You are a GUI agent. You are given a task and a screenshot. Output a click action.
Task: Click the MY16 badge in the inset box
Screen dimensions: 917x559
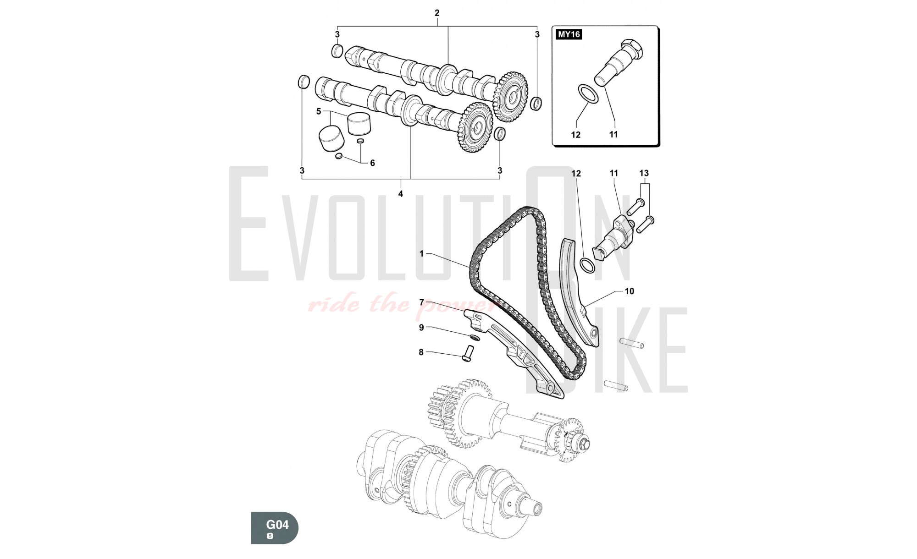coord(569,34)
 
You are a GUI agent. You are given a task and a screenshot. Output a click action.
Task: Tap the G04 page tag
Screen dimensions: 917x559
coord(277,524)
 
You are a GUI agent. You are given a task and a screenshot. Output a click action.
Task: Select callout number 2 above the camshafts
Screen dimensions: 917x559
coord(437,13)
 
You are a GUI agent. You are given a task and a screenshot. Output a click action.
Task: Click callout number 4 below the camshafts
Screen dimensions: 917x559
coord(400,194)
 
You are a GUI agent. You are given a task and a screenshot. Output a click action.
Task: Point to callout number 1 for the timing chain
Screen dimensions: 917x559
coord(422,253)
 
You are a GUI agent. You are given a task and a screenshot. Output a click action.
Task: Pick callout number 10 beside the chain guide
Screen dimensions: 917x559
coord(629,291)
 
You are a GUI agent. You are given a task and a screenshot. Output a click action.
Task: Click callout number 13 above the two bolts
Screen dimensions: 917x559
coord(644,173)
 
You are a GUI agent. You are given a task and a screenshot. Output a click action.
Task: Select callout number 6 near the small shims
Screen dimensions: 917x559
coord(372,163)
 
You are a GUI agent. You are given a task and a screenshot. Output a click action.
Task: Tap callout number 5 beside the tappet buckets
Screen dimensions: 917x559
coord(319,111)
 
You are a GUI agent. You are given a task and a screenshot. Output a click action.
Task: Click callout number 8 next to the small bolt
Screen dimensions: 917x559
coord(421,352)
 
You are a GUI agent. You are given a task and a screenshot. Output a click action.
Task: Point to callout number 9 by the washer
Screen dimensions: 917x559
coord(421,328)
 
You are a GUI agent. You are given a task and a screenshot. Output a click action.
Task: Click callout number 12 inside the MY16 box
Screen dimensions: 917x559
coord(575,135)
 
